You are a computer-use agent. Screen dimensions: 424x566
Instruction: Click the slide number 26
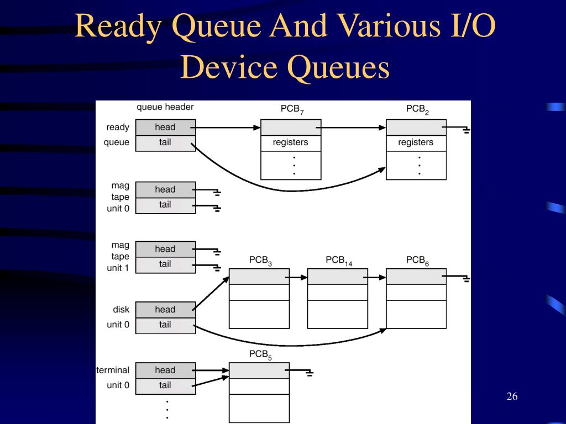point(511,397)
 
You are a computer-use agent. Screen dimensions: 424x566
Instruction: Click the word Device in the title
point(232,68)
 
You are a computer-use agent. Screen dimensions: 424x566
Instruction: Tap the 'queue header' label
point(165,107)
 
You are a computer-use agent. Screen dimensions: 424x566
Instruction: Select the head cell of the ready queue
point(165,127)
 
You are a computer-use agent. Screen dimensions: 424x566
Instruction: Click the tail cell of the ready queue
point(165,142)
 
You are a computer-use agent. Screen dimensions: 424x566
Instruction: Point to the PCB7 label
point(292,109)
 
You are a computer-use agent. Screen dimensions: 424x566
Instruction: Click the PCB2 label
point(417,109)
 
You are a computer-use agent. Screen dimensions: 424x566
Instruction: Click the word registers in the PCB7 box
point(290,142)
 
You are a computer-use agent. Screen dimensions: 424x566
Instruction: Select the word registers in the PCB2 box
point(416,142)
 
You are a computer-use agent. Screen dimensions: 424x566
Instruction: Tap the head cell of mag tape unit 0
point(165,189)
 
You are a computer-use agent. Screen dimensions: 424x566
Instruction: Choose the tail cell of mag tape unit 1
point(165,264)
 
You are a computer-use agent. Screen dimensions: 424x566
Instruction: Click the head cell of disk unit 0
point(165,309)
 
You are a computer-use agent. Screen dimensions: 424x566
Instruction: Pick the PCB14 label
point(338,260)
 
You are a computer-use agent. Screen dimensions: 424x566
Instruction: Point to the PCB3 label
point(260,260)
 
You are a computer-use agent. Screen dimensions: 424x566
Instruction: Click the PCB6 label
point(417,260)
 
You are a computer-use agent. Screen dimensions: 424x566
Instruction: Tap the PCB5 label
point(260,354)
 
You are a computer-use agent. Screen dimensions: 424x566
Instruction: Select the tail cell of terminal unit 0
point(165,385)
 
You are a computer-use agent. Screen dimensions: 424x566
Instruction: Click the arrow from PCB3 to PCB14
point(297,277)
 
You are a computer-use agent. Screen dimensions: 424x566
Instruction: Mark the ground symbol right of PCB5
point(310,373)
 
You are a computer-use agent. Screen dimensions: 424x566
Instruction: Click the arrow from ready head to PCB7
point(227,128)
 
